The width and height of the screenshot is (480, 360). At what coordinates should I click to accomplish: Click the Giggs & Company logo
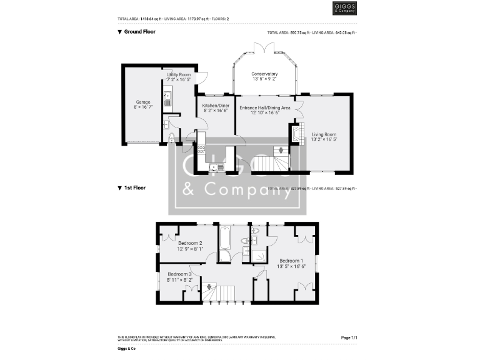[x=344, y=8]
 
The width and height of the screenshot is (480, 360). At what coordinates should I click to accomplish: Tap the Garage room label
[x=144, y=101]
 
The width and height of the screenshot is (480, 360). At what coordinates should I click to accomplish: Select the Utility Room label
[x=178, y=75]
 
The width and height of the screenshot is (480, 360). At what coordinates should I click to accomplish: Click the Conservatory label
[x=264, y=74]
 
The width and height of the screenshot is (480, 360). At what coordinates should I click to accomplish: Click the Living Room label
[x=324, y=134]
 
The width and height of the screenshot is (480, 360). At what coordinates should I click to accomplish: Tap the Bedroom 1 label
[x=291, y=261]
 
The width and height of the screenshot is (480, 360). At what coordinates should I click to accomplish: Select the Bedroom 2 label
[x=190, y=243]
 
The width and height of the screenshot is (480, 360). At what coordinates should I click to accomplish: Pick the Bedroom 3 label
[x=179, y=274]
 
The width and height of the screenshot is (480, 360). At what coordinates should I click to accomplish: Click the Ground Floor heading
[x=139, y=31]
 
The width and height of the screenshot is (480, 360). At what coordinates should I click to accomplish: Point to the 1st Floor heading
[x=135, y=187]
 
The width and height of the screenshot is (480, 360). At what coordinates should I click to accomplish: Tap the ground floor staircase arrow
[x=281, y=151]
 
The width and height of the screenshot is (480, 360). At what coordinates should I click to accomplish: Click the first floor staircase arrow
[x=209, y=287]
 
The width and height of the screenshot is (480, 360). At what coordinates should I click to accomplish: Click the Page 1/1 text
[x=349, y=337]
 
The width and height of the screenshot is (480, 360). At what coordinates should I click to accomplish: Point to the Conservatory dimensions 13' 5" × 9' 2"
[x=264, y=79]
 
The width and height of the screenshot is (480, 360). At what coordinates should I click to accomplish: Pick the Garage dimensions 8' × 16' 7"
[x=144, y=107]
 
